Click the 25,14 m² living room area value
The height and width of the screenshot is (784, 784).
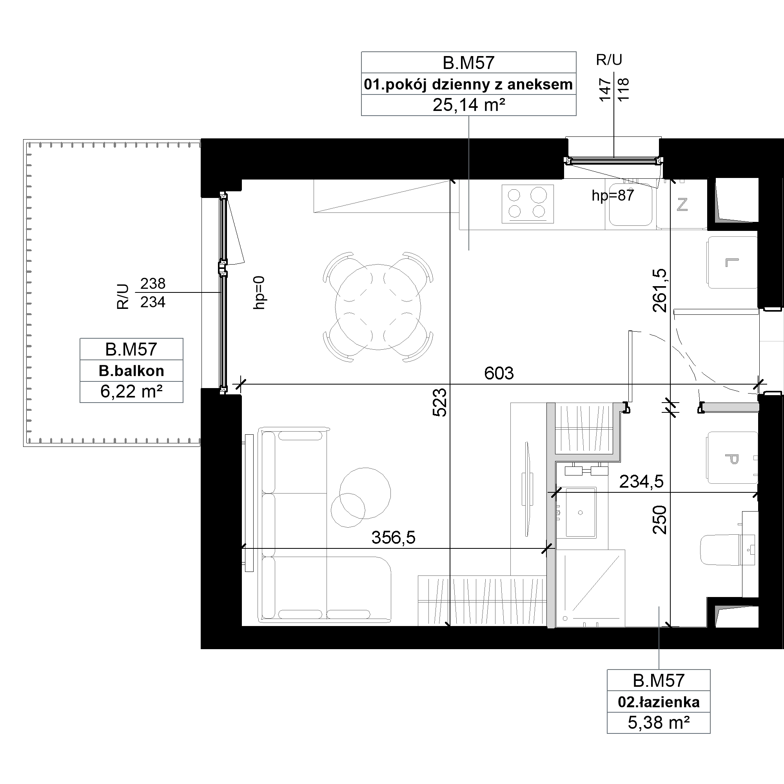click(x=469, y=105)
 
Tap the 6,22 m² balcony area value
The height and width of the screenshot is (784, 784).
click(x=131, y=392)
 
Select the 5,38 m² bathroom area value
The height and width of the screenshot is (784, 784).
click(x=659, y=723)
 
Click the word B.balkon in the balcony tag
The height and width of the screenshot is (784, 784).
click(x=131, y=371)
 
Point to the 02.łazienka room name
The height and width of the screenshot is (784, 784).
click(x=659, y=702)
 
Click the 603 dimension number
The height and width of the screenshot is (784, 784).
click(x=499, y=373)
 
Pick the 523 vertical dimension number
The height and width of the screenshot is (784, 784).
click(x=440, y=403)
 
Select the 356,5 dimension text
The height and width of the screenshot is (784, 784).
click(x=393, y=538)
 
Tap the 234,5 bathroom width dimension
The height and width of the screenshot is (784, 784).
click(x=641, y=482)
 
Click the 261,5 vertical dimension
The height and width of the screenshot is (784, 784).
click(x=659, y=290)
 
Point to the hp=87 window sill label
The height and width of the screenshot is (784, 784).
click(x=613, y=196)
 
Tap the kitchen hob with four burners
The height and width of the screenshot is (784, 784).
click(x=528, y=204)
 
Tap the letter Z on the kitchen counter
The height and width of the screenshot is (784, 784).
click(x=682, y=205)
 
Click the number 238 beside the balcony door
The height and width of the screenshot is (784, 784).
click(x=153, y=283)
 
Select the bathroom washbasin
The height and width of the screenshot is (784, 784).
click(x=581, y=512)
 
